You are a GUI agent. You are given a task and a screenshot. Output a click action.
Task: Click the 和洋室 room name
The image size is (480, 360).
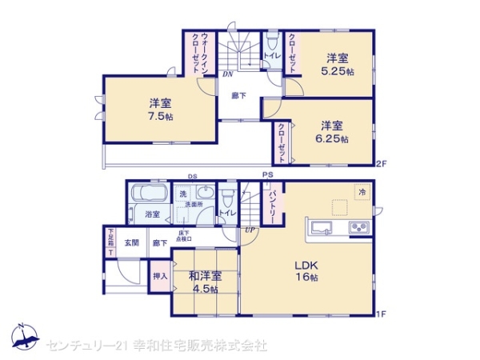[x=205, y=277]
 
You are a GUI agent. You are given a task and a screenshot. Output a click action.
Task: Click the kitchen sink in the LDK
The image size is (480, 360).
[x=321, y=227]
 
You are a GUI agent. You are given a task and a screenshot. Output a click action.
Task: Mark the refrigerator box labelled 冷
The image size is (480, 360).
[x=362, y=193]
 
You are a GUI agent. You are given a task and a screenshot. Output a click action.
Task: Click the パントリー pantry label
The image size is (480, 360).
[x=273, y=206]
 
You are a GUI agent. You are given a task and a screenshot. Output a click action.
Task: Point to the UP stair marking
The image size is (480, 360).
[x=250, y=230]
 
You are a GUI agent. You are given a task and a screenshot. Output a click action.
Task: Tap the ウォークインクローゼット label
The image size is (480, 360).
[x=200, y=53]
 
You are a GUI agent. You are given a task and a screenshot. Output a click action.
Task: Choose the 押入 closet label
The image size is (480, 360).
[x=159, y=277]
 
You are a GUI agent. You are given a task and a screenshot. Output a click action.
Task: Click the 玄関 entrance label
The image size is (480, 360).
[x=131, y=242]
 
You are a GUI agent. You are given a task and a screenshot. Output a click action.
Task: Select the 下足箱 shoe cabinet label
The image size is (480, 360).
[x=110, y=242]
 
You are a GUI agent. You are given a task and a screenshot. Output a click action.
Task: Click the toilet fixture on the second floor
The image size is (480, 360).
[x=271, y=40]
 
